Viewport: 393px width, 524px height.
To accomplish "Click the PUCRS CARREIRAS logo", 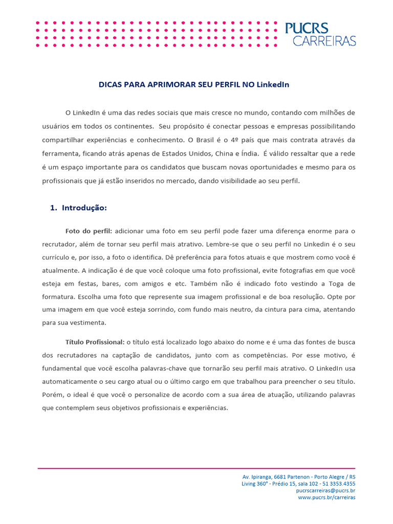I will [320, 34].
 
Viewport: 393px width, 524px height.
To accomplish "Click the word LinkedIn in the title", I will [273, 84].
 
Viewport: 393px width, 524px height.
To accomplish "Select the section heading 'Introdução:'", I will [84, 208].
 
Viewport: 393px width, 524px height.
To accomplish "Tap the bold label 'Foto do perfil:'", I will [89, 231].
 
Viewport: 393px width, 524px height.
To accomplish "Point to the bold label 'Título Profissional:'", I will [95, 341].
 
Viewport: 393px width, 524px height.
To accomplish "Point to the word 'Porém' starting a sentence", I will [52, 395].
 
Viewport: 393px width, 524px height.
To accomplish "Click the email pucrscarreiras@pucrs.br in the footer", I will [325, 490].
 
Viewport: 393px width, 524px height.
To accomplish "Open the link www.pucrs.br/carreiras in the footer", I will [326, 497].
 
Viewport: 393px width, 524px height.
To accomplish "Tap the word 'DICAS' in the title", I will [110, 84].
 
